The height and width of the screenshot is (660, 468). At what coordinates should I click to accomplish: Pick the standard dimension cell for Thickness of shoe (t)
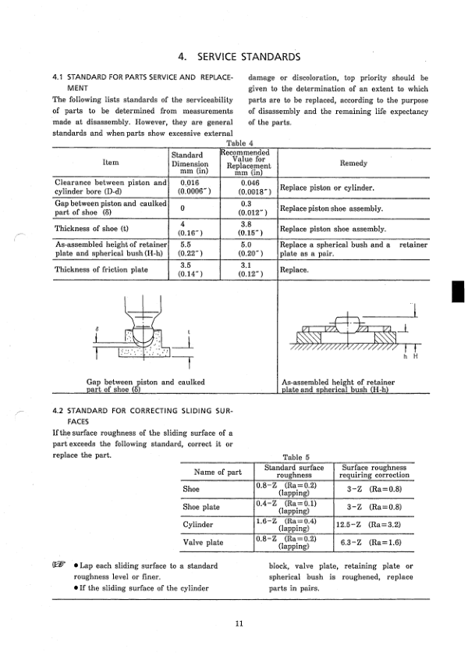point(190,229)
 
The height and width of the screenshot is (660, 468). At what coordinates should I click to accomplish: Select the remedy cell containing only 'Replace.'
point(294,270)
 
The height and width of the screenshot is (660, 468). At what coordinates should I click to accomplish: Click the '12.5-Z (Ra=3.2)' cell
point(369,524)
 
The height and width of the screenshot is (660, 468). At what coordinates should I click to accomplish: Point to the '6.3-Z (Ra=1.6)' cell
point(369,542)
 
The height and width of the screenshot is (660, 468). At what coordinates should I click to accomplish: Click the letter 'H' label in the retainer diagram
point(417,358)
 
